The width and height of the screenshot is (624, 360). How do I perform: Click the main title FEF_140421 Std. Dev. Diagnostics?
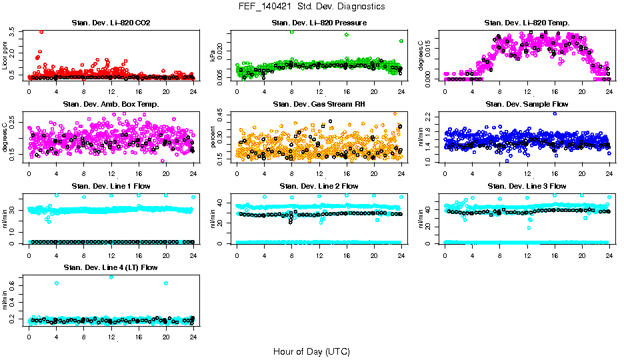311,7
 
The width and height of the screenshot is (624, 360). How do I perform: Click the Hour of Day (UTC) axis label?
311,351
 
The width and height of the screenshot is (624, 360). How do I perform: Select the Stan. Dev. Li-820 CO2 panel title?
111,23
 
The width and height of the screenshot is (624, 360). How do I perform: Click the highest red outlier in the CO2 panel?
41,31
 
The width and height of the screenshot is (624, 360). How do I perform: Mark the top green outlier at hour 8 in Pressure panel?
292,31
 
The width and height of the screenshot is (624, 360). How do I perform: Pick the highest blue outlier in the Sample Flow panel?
554,113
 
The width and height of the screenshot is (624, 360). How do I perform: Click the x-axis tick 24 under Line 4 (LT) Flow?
193,336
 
